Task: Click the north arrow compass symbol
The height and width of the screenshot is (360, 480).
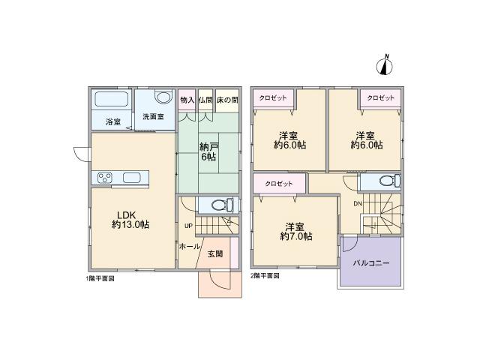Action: (387, 65)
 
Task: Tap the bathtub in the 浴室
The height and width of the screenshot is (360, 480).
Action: (112, 101)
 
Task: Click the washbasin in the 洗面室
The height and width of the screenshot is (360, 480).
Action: (163, 98)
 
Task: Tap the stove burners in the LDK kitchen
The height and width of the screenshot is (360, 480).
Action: (103, 178)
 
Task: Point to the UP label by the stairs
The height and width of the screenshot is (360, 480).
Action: (188, 225)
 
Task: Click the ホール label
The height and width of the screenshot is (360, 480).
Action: (189, 246)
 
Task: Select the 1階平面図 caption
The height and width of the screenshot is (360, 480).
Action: (100, 276)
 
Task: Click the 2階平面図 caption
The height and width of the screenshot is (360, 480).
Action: (265, 276)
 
